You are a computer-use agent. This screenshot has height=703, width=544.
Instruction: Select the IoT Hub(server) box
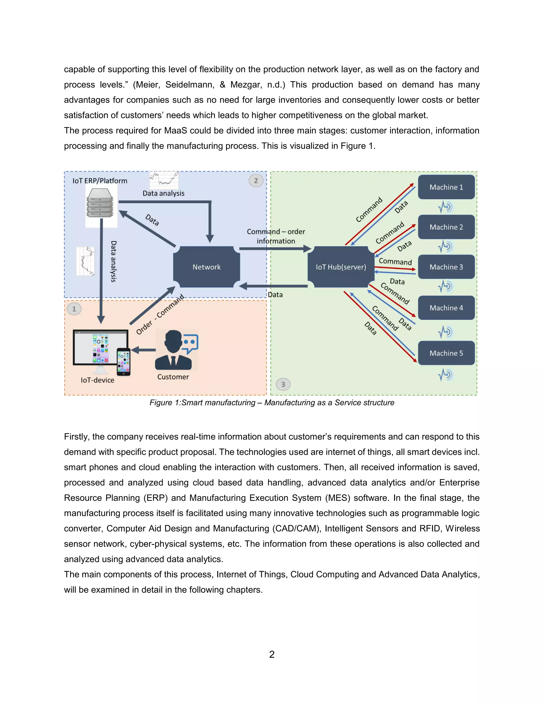click(341, 267)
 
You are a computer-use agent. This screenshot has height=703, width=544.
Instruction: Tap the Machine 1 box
click(446, 187)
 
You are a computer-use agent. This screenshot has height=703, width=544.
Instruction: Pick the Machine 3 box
click(446, 267)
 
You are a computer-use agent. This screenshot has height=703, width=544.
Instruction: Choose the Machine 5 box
click(446, 353)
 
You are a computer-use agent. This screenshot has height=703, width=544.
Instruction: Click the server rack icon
click(100, 203)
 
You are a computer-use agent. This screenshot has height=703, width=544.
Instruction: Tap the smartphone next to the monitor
click(124, 362)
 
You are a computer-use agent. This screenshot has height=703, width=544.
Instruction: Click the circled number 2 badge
click(256, 181)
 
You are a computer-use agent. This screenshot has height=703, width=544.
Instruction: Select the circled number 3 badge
click(283, 384)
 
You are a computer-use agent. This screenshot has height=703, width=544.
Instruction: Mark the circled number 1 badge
click(74, 309)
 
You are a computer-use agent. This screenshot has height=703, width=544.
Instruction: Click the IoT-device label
click(97, 380)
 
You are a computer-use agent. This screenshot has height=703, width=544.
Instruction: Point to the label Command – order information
click(276, 236)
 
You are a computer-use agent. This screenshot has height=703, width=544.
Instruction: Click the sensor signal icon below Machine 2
click(445, 246)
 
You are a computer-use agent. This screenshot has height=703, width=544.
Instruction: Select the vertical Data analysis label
click(113, 261)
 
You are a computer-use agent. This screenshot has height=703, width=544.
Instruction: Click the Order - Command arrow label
click(160, 314)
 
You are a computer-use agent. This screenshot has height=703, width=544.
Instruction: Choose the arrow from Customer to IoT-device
click(143, 350)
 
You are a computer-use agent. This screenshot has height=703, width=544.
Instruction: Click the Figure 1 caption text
click(272, 403)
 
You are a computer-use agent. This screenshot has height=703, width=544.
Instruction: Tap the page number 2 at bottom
click(272, 654)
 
